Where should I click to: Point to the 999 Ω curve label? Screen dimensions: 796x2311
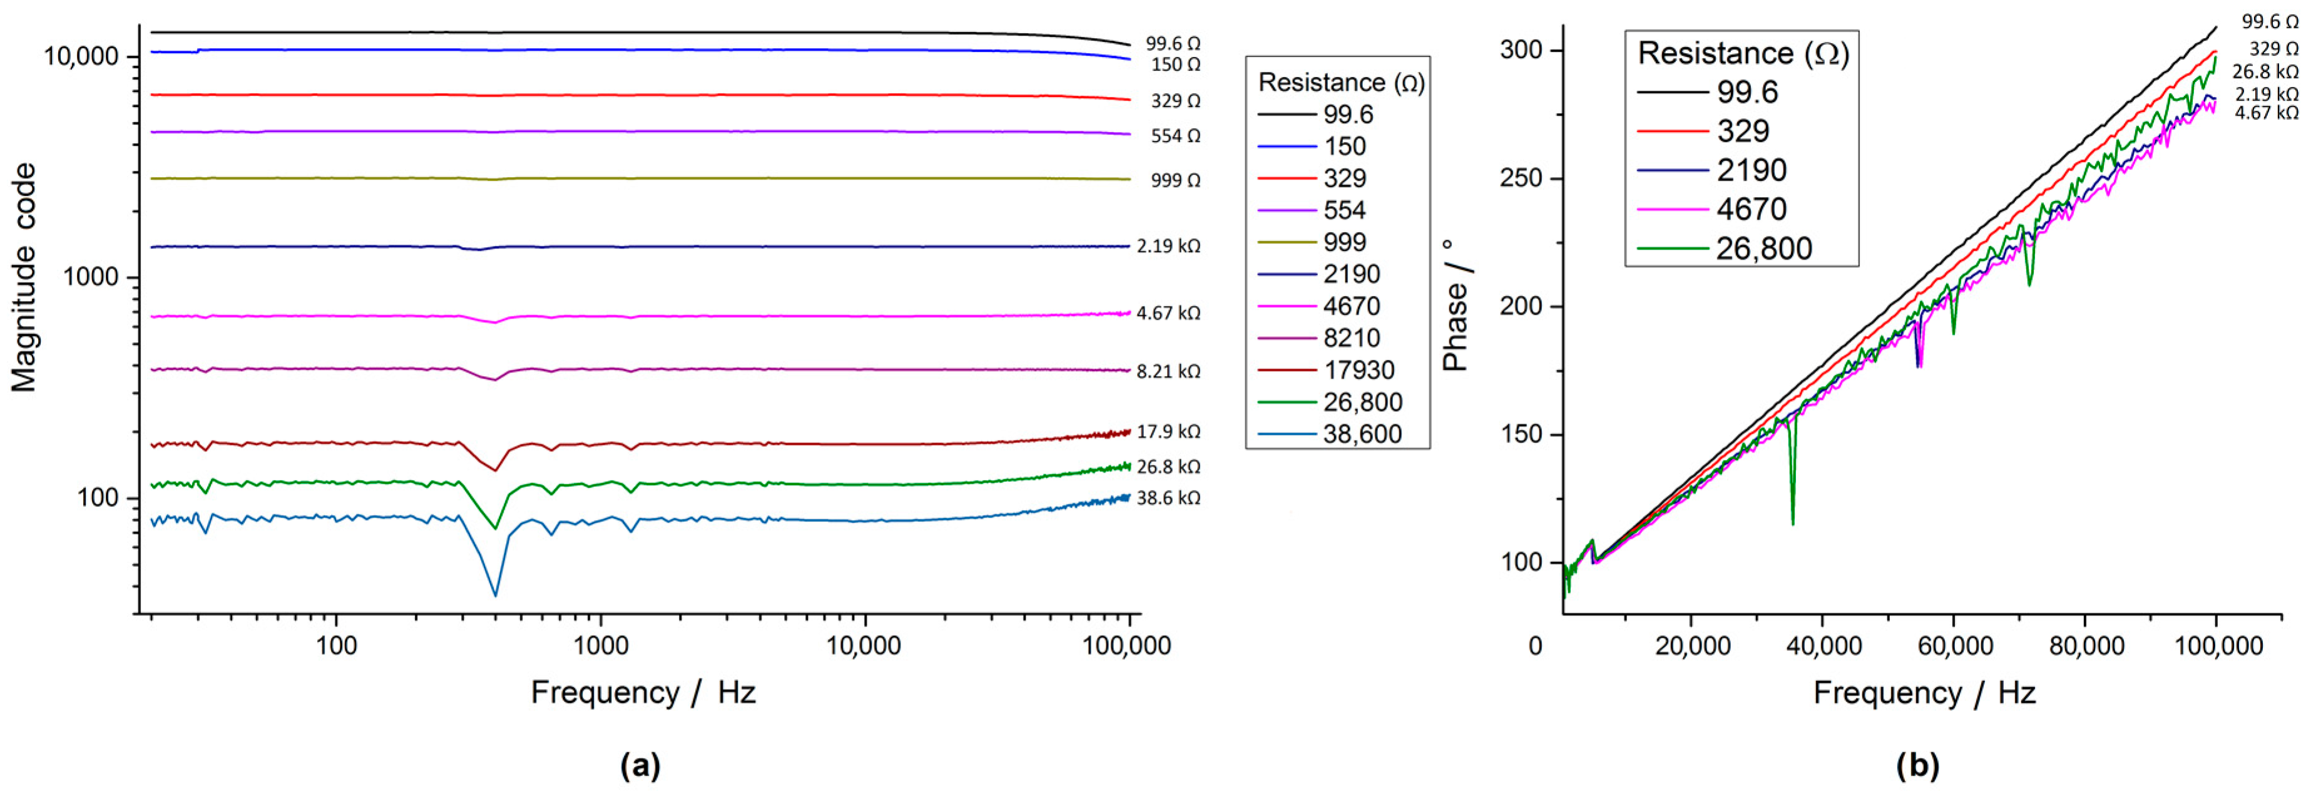tap(1175, 180)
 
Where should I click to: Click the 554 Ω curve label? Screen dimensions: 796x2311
tap(1175, 136)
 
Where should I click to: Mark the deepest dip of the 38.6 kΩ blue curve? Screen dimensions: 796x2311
tap(495, 595)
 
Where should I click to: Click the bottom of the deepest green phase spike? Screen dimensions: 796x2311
tap(1792, 524)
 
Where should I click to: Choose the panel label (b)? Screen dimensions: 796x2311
tap(1917, 765)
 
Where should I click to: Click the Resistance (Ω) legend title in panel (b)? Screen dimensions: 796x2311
tap(1742, 54)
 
